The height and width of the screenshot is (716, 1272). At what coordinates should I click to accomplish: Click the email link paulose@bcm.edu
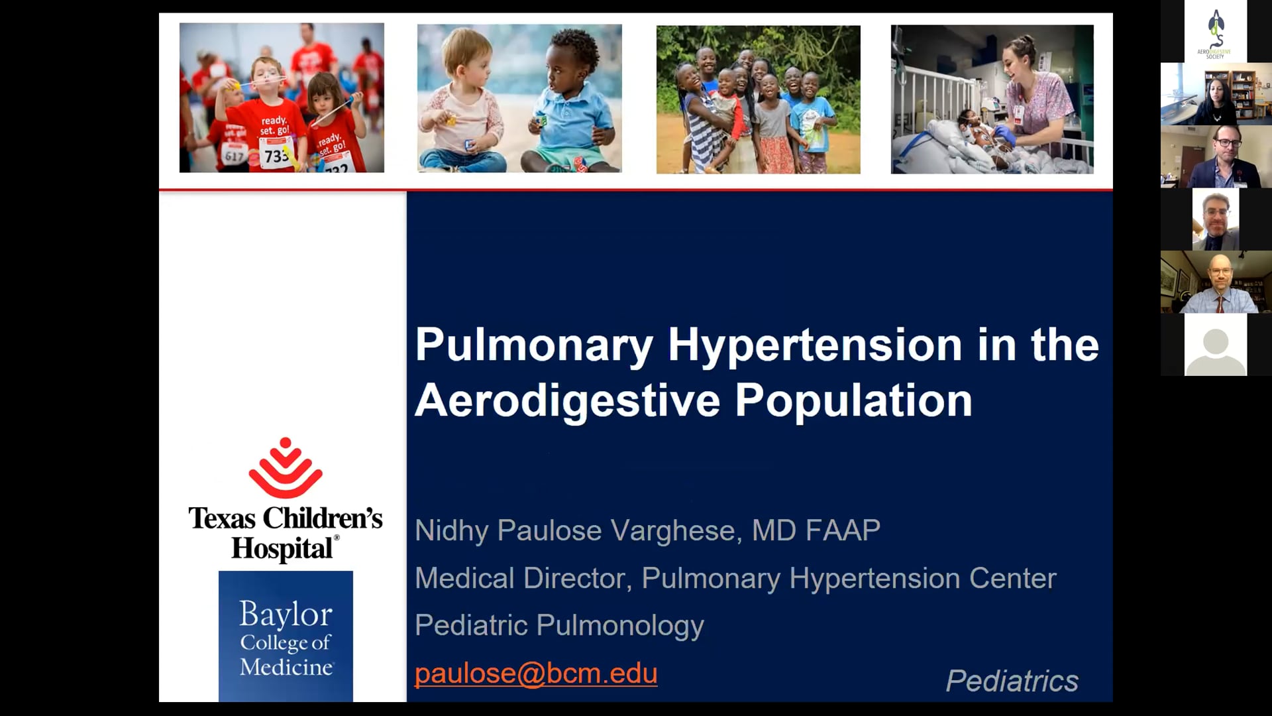[x=536, y=673]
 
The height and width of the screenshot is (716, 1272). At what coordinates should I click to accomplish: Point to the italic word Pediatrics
[x=1012, y=681]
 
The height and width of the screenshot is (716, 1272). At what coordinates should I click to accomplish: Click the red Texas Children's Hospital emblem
[x=286, y=467]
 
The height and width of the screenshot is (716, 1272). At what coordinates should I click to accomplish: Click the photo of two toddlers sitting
[x=519, y=99]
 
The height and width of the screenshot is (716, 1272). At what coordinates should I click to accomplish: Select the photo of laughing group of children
[x=759, y=99]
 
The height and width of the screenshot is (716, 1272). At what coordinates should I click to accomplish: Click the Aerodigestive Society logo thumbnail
[x=1215, y=31]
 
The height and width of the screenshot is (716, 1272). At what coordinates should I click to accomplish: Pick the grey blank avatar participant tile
[x=1216, y=345]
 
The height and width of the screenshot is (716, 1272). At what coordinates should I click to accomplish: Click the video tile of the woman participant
[x=1216, y=93]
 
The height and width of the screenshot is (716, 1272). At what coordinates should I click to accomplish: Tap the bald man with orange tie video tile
[x=1216, y=282]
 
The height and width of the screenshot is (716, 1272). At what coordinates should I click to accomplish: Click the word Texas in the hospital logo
[x=222, y=518]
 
